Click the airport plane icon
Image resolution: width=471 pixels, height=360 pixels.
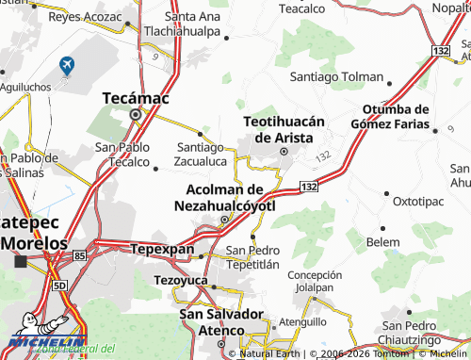tap(67, 64)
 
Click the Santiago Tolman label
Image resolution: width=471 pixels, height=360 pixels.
tap(336, 76)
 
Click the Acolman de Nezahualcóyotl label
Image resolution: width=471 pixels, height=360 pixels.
tap(224, 196)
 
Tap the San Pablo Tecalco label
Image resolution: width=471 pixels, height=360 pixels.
tap(122, 155)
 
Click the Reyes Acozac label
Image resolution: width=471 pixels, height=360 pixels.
tap(85, 17)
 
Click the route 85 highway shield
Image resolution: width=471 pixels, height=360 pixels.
tap(79, 255)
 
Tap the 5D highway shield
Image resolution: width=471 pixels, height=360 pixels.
tap(60, 285)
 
